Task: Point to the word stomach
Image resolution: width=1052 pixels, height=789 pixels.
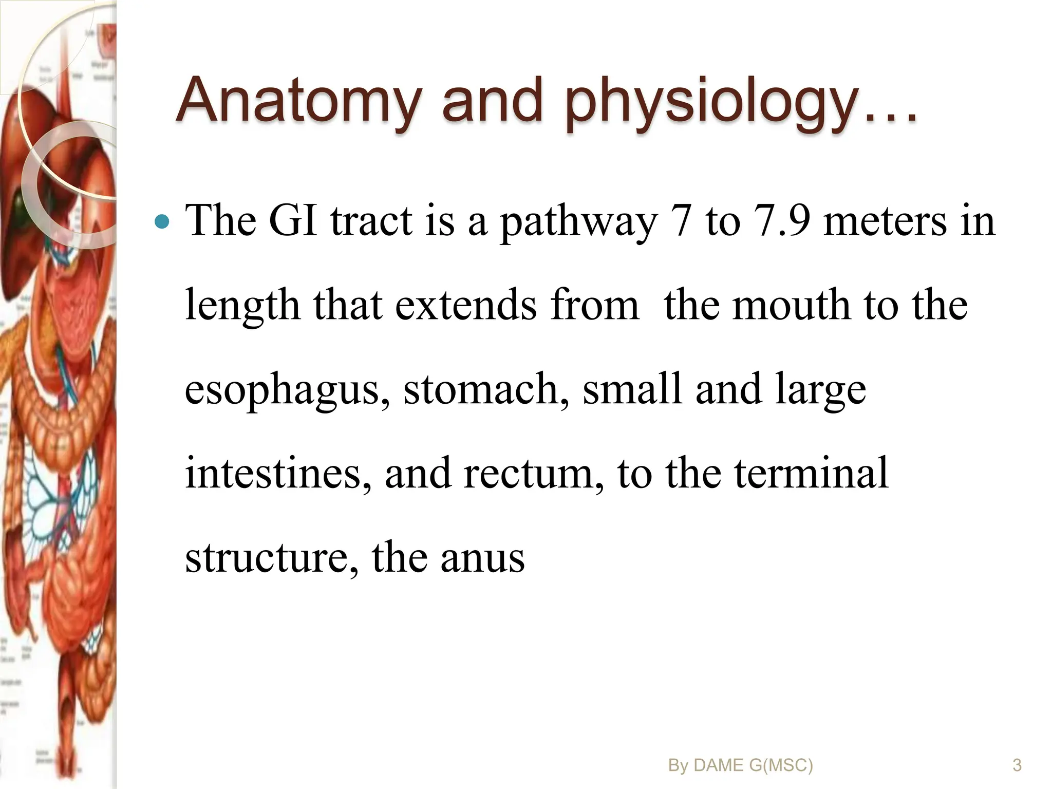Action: [486, 389]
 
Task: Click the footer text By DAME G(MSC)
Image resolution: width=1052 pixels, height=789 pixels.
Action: [740, 765]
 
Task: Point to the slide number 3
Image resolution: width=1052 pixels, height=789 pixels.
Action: [1017, 765]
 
